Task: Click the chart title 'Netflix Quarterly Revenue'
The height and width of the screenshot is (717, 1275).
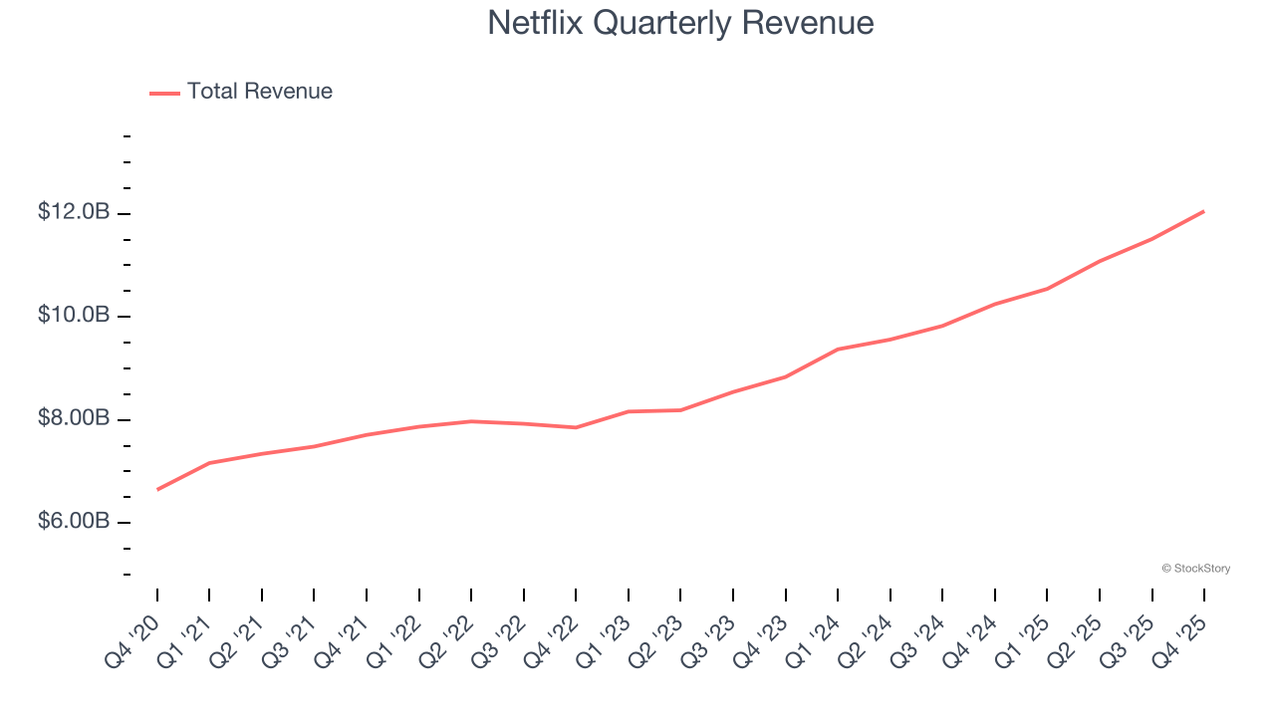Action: [x=680, y=23]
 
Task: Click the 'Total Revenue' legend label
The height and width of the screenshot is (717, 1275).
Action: [x=259, y=92]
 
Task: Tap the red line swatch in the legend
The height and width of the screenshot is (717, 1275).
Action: [x=164, y=93]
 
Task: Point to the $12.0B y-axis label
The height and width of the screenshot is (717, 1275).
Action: [x=73, y=213]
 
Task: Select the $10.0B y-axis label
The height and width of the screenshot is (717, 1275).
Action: [x=73, y=316]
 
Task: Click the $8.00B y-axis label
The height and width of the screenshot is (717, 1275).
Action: [x=73, y=419]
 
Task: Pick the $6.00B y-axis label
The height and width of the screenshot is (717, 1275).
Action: [x=73, y=522]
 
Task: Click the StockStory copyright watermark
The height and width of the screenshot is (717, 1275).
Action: [x=1195, y=569]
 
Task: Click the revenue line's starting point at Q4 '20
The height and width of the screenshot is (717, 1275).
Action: [x=157, y=489]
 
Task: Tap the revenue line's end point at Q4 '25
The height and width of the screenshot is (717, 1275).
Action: [x=1204, y=211]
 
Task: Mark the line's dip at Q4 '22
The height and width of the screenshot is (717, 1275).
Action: [x=576, y=427]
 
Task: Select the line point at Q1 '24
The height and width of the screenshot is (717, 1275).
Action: [x=838, y=350]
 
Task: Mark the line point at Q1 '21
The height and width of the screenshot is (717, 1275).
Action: [x=209, y=463]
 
